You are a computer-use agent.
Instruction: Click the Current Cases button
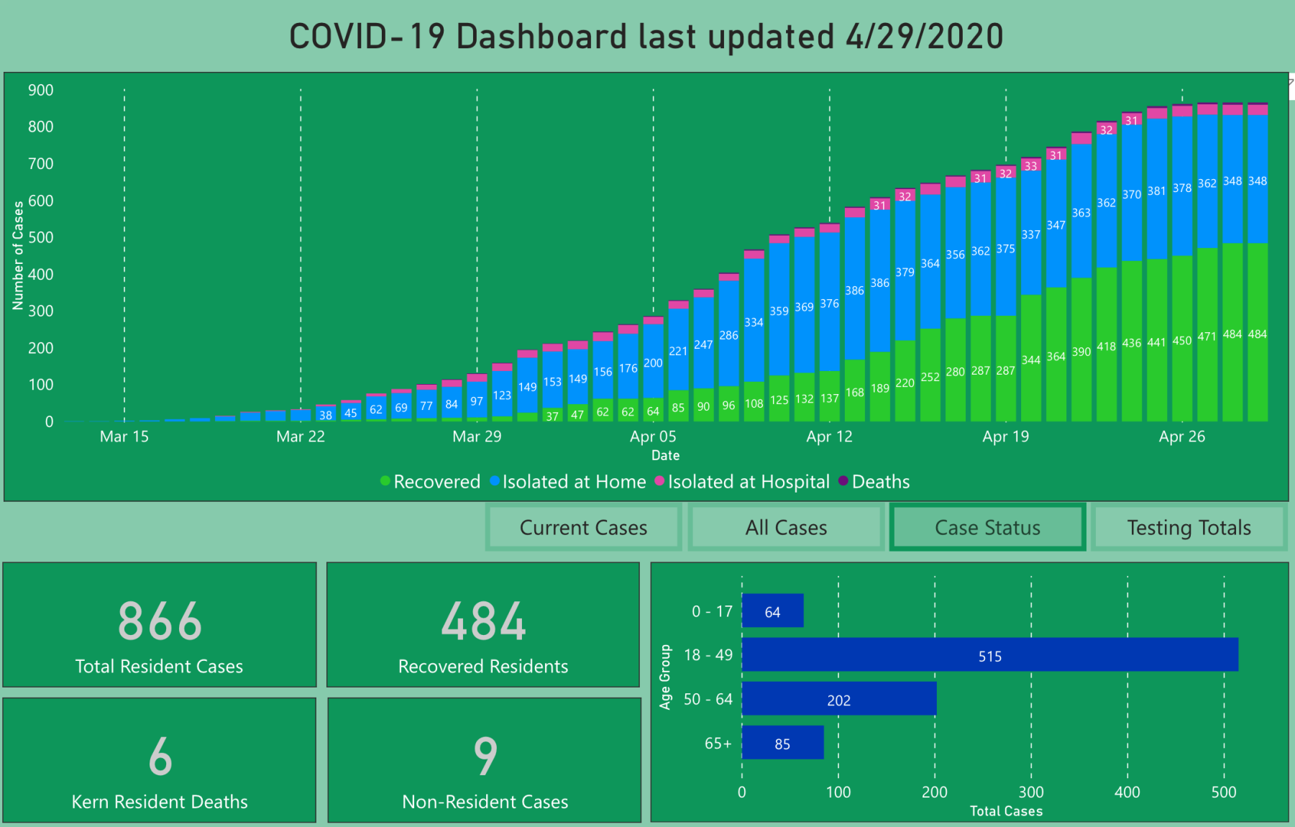(x=583, y=528)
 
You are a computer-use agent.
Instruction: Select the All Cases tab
(x=786, y=528)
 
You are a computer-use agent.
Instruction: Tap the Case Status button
(x=987, y=528)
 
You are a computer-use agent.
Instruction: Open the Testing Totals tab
(x=1189, y=528)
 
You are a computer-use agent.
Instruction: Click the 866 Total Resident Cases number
(x=160, y=621)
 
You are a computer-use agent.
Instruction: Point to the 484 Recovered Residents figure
(x=483, y=621)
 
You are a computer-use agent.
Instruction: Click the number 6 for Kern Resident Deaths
(x=160, y=757)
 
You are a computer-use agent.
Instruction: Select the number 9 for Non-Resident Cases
(x=485, y=757)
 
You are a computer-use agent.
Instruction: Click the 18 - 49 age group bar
(x=989, y=655)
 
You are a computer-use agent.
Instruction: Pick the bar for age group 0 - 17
(x=772, y=611)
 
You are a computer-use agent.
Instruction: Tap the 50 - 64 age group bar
(x=838, y=699)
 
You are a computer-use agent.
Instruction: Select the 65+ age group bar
(x=782, y=743)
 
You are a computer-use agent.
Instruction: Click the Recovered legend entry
(x=431, y=482)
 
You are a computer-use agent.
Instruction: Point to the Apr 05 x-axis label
(x=653, y=437)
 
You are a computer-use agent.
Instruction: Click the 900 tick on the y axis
(x=41, y=91)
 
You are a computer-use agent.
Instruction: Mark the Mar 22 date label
(x=301, y=437)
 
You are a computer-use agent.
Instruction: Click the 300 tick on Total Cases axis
(x=1031, y=792)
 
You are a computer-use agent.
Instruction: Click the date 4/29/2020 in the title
(x=924, y=37)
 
